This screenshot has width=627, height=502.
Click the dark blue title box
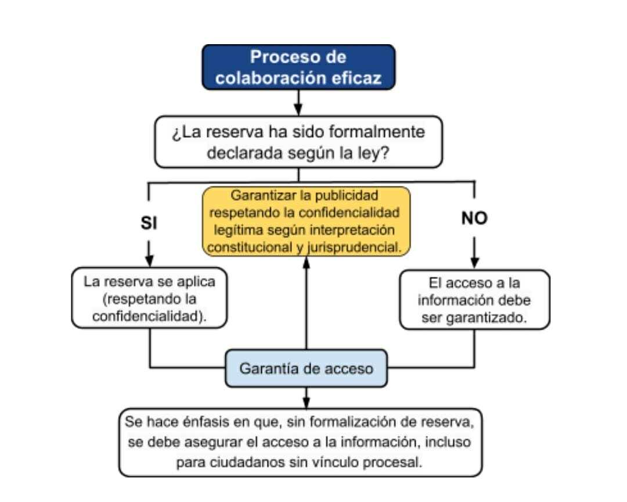point(298,67)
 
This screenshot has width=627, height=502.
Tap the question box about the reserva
point(298,142)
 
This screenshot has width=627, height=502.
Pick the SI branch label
point(149,223)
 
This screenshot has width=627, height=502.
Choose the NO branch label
point(474,218)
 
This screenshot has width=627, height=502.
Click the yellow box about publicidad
point(307,221)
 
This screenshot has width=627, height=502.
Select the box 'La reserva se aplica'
point(149,298)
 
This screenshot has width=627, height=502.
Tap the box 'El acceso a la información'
point(475,300)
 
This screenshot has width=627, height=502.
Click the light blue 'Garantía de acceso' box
point(307,368)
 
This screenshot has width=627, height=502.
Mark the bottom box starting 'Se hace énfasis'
point(300,442)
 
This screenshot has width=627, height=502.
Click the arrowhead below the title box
point(298,109)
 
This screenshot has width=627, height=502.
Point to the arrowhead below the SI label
point(149,260)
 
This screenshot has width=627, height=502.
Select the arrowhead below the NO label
point(474,263)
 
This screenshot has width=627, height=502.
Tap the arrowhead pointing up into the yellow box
point(307,263)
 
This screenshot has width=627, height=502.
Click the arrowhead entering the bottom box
point(307,403)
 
